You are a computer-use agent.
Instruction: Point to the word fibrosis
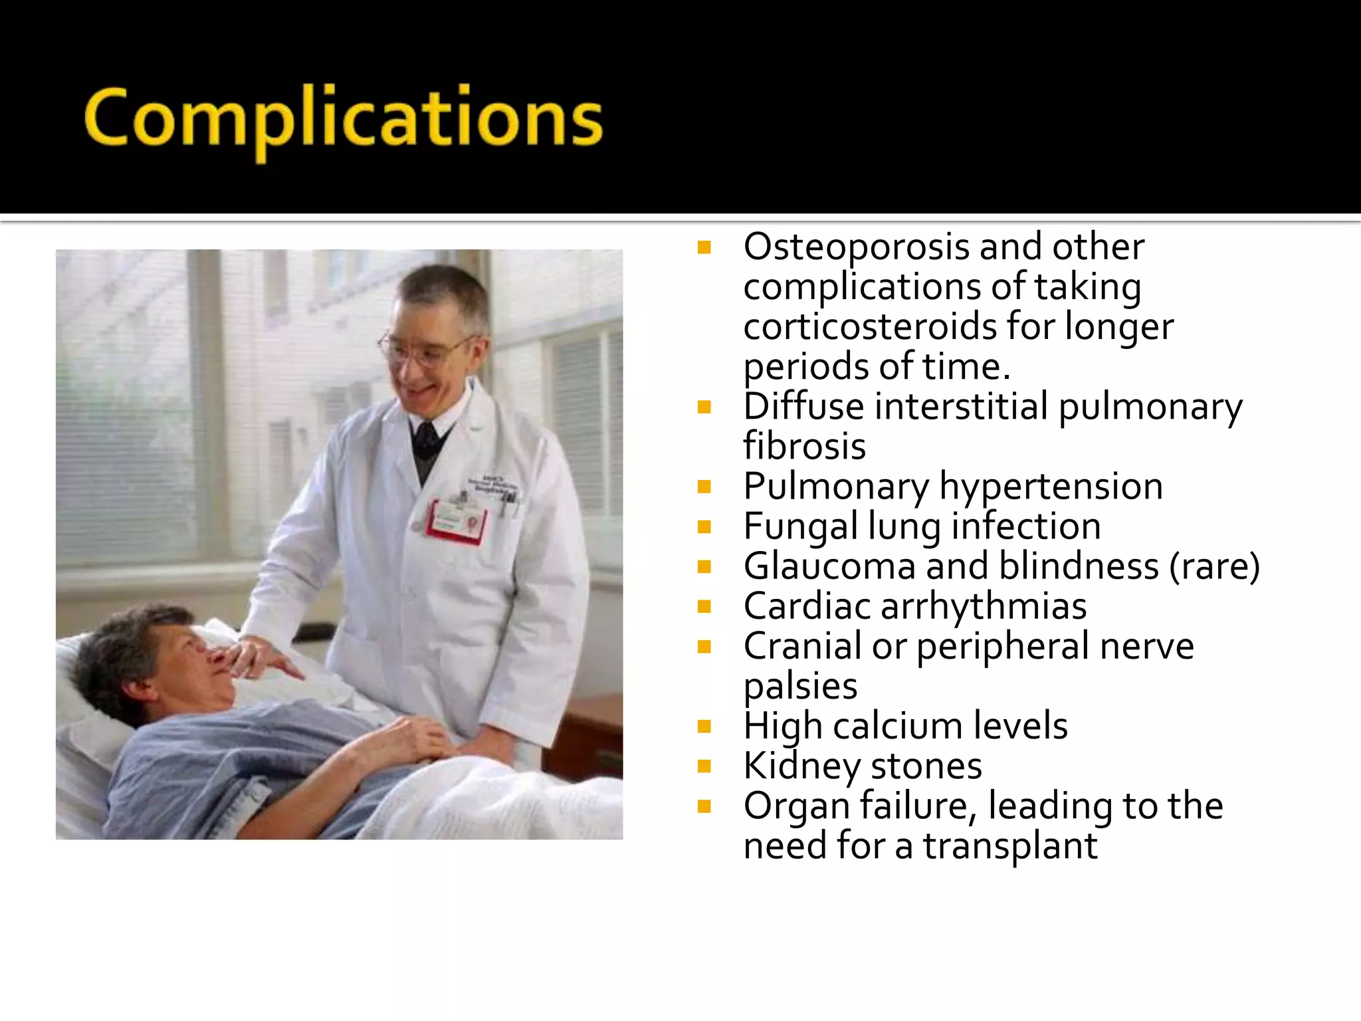[x=804, y=446]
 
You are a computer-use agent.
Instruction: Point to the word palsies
[x=800, y=687]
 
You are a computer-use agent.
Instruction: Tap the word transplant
[x=1010, y=846]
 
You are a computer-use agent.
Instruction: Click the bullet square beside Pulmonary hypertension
[x=704, y=487]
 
